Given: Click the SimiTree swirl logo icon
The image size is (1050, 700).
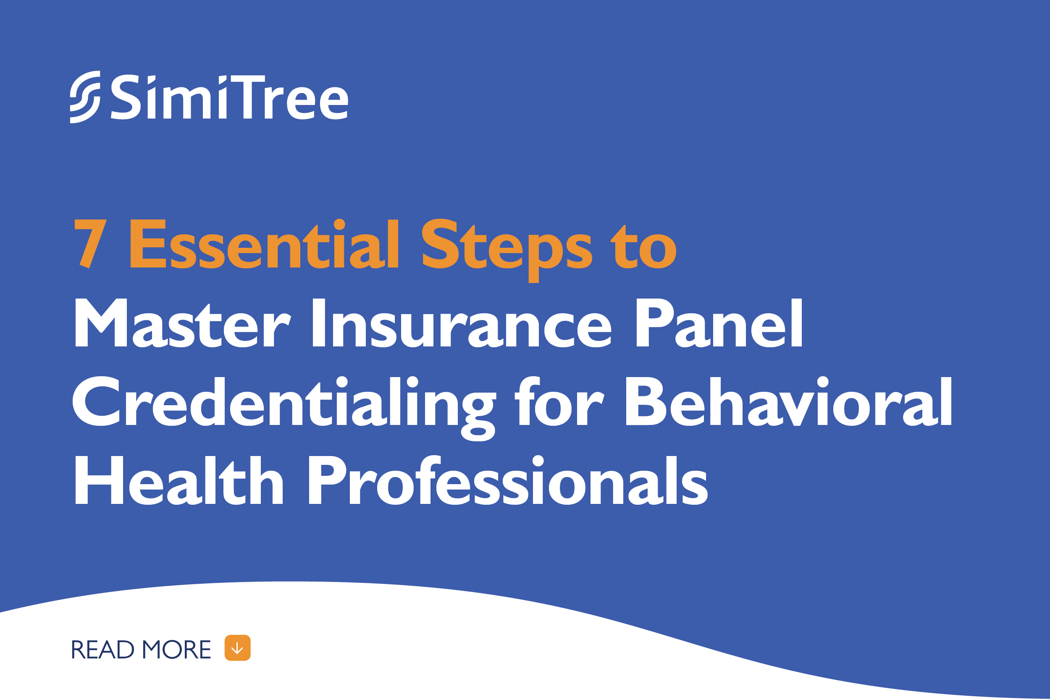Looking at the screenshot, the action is pyautogui.click(x=85, y=97).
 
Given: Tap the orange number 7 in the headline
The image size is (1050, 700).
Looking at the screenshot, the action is pyautogui.click(x=91, y=244).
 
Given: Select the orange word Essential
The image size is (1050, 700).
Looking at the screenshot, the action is pyautogui.click(x=264, y=244).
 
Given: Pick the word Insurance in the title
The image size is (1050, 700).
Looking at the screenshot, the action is pyautogui.click(x=461, y=323).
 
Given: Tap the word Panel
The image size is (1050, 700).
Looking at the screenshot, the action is pyautogui.click(x=719, y=323).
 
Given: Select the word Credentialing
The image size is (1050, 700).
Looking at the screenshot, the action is pyautogui.click(x=284, y=409).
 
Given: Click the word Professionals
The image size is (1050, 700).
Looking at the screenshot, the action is pyautogui.click(x=508, y=480).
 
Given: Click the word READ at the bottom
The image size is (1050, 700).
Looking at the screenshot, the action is pyautogui.click(x=102, y=650).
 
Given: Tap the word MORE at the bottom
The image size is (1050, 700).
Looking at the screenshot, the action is pyautogui.click(x=177, y=650).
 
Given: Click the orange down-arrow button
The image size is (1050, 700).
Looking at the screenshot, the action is pyautogui.click(x=237, y=648).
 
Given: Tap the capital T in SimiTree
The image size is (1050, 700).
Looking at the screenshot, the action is pyautogui.click(x=248, y=97).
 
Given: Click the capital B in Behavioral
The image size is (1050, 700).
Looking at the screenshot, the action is pyautogui.click(x=646, y=401).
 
